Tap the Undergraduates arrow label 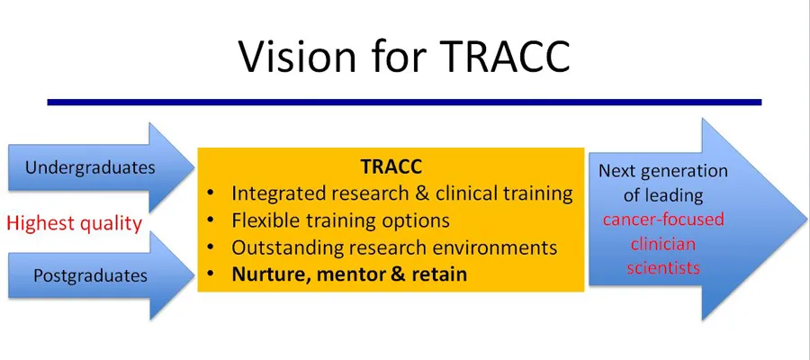coord(90,167)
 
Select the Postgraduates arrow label coord(90,275)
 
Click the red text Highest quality coord(74,222)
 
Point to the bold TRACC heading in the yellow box coord(391,168)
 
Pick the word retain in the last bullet coord(437,274)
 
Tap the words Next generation coord(663,170)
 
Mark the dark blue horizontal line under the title coord(404,103)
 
